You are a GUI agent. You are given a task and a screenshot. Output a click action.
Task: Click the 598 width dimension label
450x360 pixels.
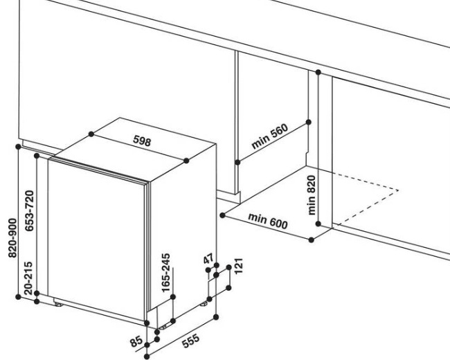[142, 141]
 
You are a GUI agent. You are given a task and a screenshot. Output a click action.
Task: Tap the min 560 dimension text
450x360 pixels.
[269, 136]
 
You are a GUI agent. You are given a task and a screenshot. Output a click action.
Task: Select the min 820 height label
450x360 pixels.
[312, 195]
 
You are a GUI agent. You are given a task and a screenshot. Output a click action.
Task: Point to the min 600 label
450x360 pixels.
[268, 220]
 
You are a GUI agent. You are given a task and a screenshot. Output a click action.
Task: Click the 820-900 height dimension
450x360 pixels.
[13, 238]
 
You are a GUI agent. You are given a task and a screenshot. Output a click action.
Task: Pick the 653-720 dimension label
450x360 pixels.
[30, 210]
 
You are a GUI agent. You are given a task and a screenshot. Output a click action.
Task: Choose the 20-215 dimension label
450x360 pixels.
[28, 278]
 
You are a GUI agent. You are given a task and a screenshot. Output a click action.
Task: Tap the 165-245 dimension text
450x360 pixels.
[166, 273]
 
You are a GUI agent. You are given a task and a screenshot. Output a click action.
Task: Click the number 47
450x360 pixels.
[208, 258]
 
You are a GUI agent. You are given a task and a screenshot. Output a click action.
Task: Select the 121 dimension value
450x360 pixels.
[239, 266]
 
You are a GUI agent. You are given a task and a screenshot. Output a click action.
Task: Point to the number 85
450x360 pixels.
[136, 341]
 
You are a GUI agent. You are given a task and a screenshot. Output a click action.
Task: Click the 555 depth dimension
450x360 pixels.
[191, 341]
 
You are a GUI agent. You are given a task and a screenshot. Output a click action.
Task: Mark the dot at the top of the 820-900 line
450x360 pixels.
[19, 147]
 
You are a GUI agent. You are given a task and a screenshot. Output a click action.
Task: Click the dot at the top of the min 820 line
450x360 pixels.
[318, 72]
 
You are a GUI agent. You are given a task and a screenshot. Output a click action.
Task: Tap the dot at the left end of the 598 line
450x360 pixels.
[91, 134]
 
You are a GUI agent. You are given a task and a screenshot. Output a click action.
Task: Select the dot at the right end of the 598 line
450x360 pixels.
[186, 161]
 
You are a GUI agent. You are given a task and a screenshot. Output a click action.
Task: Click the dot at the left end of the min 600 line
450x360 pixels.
[223, 215]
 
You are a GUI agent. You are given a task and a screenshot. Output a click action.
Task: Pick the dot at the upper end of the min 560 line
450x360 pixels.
[309, 123]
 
